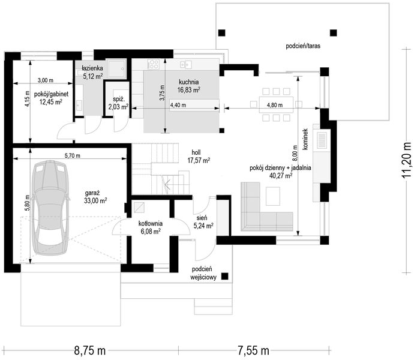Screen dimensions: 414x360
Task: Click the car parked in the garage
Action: (50, 208)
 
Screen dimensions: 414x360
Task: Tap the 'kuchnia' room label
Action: (188, 82)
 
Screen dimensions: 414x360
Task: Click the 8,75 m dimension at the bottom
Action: (90, 351)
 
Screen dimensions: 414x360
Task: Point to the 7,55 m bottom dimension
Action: (253, 351)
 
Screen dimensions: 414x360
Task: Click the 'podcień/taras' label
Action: (303, 46)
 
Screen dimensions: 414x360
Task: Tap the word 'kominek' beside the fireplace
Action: (306, 139)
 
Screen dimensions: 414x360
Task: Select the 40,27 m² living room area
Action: (281, 175)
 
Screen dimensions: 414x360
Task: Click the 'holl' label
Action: (196, 152)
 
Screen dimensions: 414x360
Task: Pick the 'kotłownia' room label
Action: (151, 224)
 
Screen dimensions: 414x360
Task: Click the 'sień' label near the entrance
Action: (202, 218)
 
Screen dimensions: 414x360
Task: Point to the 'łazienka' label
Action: (92, 68)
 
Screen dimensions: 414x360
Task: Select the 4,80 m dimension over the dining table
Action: (275, 105)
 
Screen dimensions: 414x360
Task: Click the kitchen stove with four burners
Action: (154, 64)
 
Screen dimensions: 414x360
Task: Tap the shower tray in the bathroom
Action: (116, 68)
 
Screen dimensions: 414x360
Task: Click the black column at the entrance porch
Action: (224, 276)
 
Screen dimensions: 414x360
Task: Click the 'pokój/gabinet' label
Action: (51, 94)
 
